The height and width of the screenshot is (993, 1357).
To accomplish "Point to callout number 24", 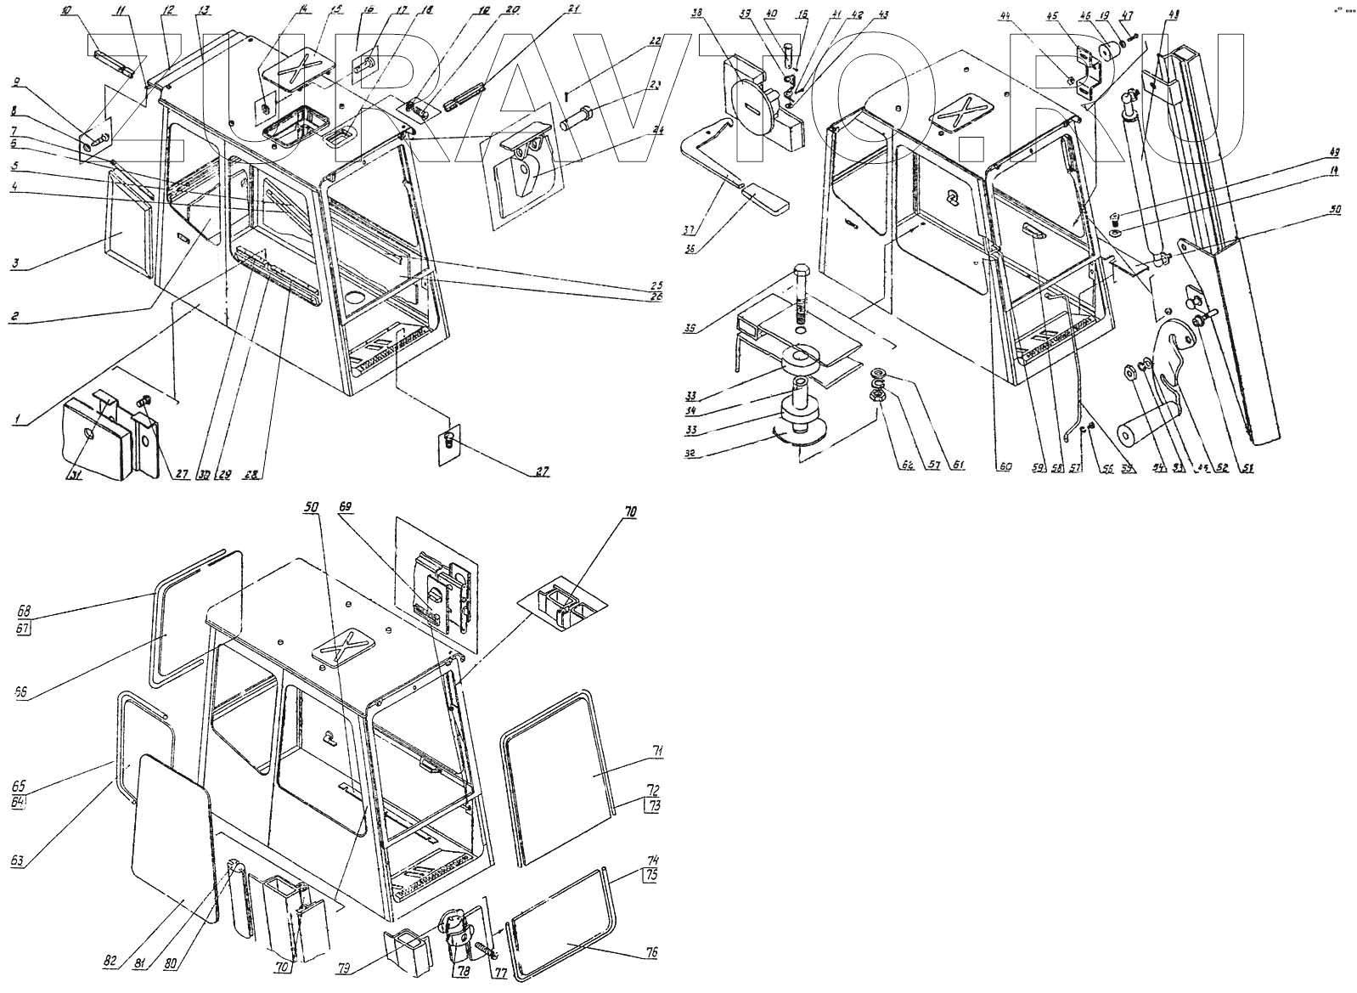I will coord(657,130).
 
